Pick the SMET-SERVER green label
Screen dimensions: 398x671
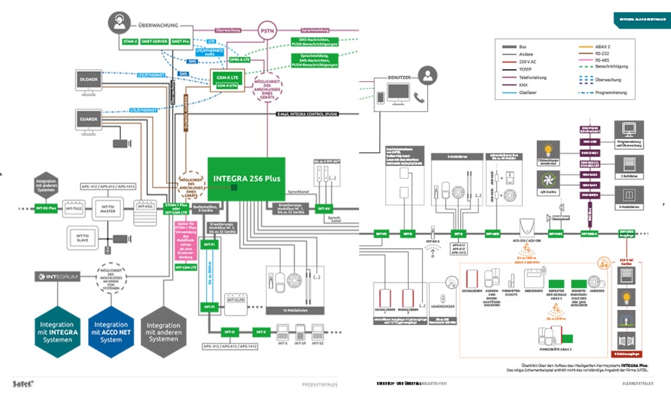pos(154,42)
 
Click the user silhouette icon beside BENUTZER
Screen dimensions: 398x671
pos(426,75)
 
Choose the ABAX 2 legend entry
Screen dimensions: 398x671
pos(603,46)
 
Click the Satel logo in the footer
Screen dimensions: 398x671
pos(23,383)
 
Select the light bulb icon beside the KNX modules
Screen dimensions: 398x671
pos(548,148)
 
